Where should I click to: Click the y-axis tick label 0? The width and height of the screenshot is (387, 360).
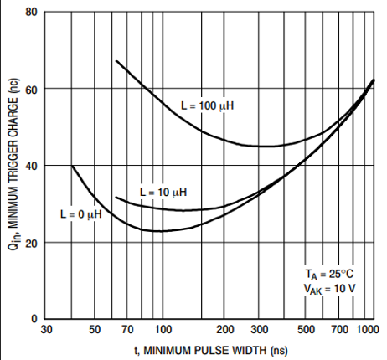pos(34,319)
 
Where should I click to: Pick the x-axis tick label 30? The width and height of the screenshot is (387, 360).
pos(47,330)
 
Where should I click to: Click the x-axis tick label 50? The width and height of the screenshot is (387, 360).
pos(95,330)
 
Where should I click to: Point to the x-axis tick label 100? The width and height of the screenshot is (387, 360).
pos(163,330)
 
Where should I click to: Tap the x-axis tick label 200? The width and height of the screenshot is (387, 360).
pos(225,330)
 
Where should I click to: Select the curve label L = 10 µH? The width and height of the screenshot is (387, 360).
pos(163,193)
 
